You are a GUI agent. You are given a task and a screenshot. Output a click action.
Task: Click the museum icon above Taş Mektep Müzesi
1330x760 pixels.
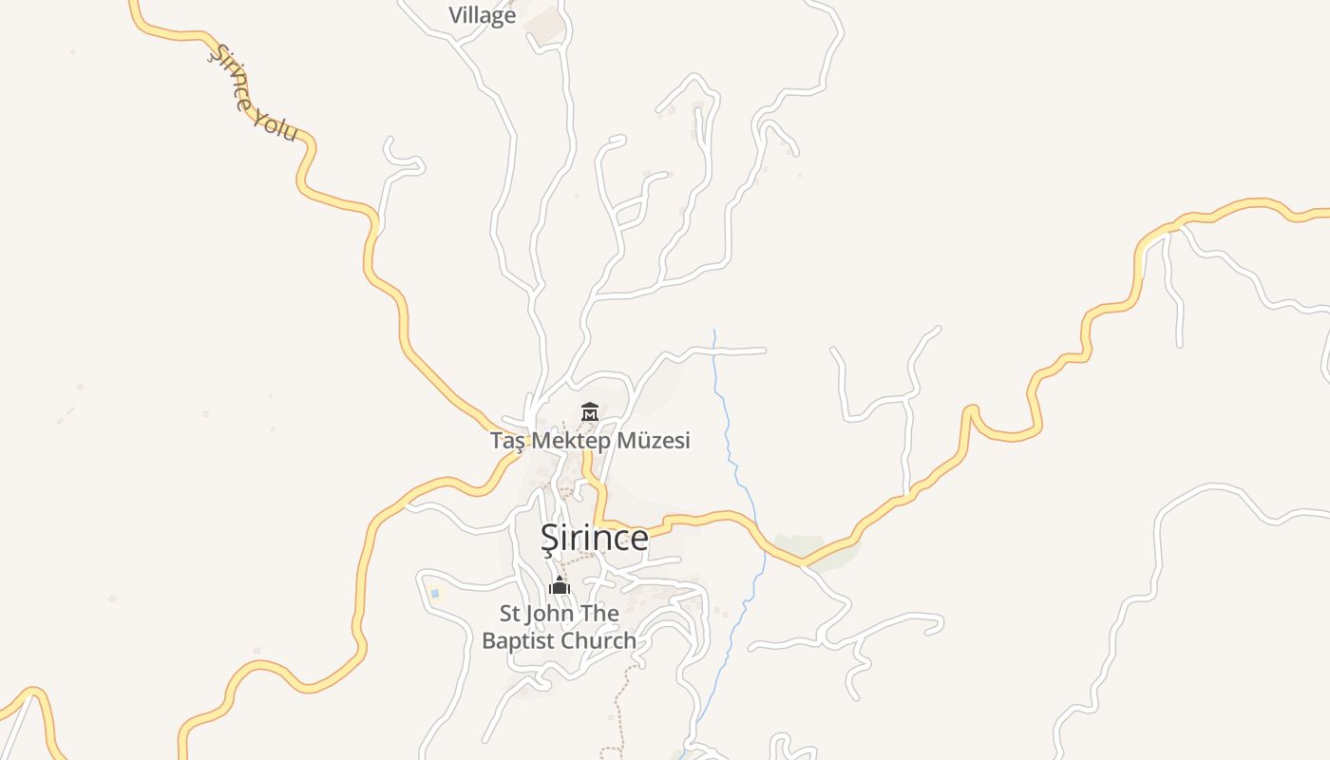tap(589, 412)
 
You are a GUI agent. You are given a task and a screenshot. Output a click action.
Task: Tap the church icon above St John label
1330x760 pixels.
tap(560, 584)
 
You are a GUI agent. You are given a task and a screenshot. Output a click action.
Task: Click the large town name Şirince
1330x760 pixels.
tap(595, 538)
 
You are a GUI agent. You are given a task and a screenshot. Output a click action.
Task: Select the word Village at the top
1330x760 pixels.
tap(483, 15)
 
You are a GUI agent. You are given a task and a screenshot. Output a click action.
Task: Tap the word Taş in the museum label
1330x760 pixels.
tap(507, 441)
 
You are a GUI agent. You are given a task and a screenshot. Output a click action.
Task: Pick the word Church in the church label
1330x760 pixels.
tap(598, 640)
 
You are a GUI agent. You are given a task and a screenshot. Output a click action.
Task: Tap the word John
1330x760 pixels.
tap(552, 614)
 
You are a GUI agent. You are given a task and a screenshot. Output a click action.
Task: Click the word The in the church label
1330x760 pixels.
tap(599, 614)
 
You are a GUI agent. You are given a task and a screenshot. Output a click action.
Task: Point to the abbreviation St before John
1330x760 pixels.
tap(511, 614)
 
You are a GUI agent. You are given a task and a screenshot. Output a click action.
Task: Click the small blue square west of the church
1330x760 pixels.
tap(435, 594)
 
